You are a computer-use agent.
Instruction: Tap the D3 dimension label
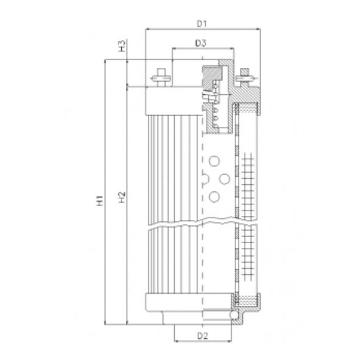click(201, 43)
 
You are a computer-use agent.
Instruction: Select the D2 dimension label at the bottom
click(203, 335)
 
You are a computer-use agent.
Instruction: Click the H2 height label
click(121, 196)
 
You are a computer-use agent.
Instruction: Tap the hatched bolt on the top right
click(245, 77)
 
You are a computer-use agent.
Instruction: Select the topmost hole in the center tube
click(213, 161)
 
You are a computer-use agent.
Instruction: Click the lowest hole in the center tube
click(213, 196)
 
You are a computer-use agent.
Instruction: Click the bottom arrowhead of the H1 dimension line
click(105, 325)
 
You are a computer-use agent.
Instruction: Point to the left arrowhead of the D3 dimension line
click(175, 48)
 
